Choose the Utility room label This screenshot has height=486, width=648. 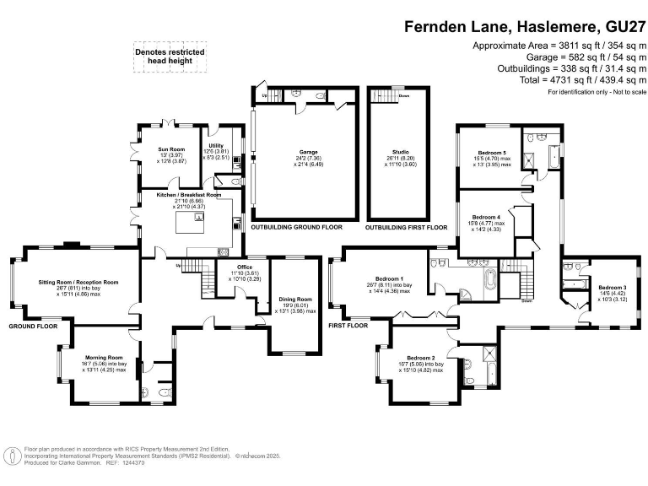tap(217, 145)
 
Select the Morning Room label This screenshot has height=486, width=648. tap(98, 357)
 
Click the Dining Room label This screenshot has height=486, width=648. tap(295, 299)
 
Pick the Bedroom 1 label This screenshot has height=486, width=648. tap(390, 278)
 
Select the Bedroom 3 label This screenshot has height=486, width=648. tap(613, 288)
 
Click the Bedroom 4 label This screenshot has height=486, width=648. tap(487, 217)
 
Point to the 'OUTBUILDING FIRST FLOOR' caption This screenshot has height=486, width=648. tap(406, 228)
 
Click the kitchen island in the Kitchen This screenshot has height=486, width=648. tap(190, 224)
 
